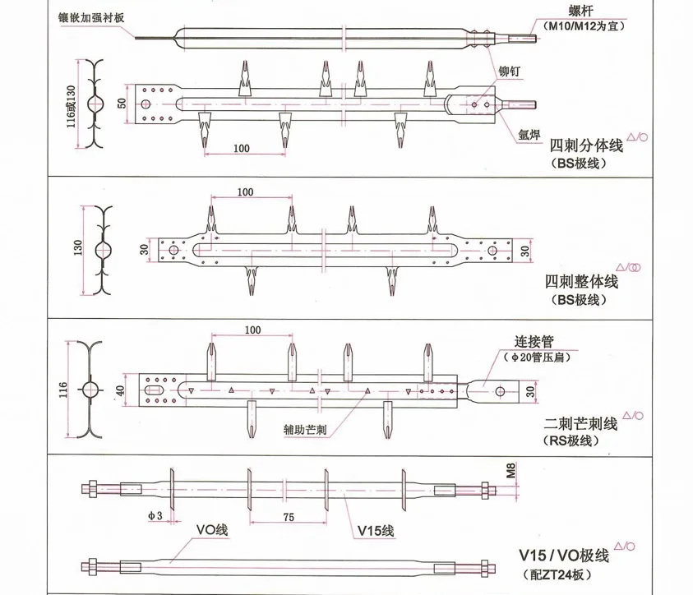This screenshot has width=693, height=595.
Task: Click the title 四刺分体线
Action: pos(586,147)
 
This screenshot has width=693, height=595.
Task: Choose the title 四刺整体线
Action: pos(582,282)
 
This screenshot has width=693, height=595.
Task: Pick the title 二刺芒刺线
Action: pos(580,424)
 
